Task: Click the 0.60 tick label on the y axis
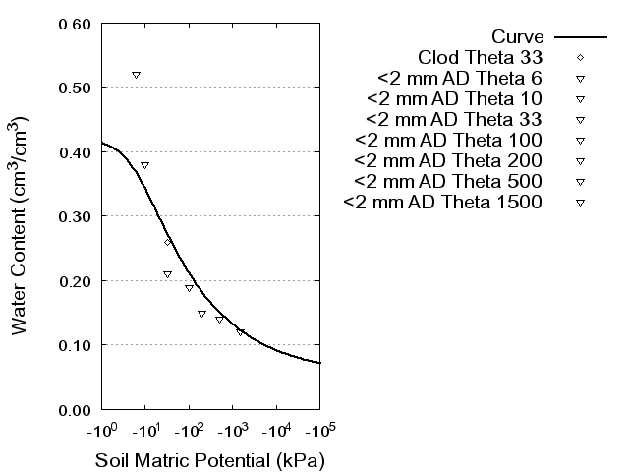click(76, 24)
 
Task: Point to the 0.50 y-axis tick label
click(76, 88)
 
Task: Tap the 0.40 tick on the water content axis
click(76, 152)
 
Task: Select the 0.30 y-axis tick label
click(76, 216)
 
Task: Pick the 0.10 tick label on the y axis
click(76, 345)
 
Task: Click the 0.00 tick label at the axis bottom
click(76, 409)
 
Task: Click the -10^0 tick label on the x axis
click(102, 430)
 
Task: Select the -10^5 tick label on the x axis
click(319, 430)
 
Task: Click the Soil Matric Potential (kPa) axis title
click(209, 460)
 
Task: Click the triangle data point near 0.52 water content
click(136, 75)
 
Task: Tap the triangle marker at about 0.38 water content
click(144, 165)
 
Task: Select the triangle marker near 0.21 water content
click(167, 274)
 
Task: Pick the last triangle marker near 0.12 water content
click(240, 332)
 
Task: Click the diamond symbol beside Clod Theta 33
click(580, 57)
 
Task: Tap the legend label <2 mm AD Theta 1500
click(457, 203)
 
